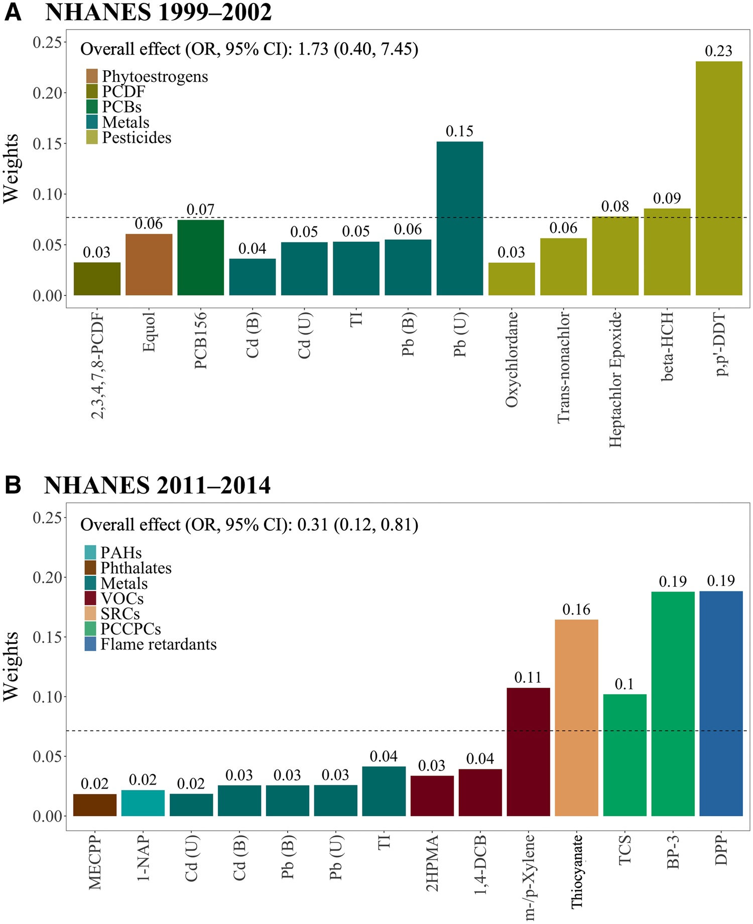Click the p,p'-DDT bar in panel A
click(718, 178)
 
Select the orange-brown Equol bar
click(149, 264)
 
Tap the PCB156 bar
click(200, 257)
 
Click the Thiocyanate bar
click(576, 717)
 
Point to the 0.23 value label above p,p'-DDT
click(718, 51)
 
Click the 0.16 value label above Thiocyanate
click(576, 609)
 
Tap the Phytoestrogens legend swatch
click(92, 76)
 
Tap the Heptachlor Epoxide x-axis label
click(615, 379)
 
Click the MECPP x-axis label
click(95, 862)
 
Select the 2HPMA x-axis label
click(432, 863)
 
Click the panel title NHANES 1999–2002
click(158, 12)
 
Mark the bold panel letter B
click(13, 485)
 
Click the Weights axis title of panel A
click(11, 169)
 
